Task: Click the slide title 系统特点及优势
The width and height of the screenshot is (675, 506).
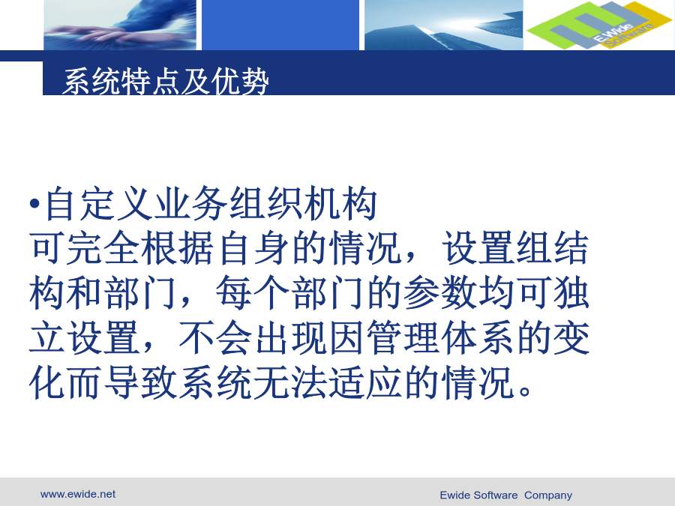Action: (166, 81)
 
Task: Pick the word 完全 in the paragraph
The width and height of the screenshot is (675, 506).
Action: (103, 248)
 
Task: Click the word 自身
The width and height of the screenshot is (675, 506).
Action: (253, 248)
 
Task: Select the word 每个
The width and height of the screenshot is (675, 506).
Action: (252, 293)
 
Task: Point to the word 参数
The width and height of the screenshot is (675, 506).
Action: (440, 293)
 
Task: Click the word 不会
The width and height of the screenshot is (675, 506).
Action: (215, 338)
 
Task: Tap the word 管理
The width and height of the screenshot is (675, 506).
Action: (403, 338)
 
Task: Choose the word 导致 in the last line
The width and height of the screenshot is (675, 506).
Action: (140, 382)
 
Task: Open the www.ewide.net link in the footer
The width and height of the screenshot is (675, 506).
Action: (78, 495)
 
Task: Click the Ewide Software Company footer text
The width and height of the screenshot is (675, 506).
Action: (505, 496)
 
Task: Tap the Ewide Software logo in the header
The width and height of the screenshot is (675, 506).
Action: (598, 25)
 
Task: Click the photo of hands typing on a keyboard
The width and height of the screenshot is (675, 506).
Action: (120, 25)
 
